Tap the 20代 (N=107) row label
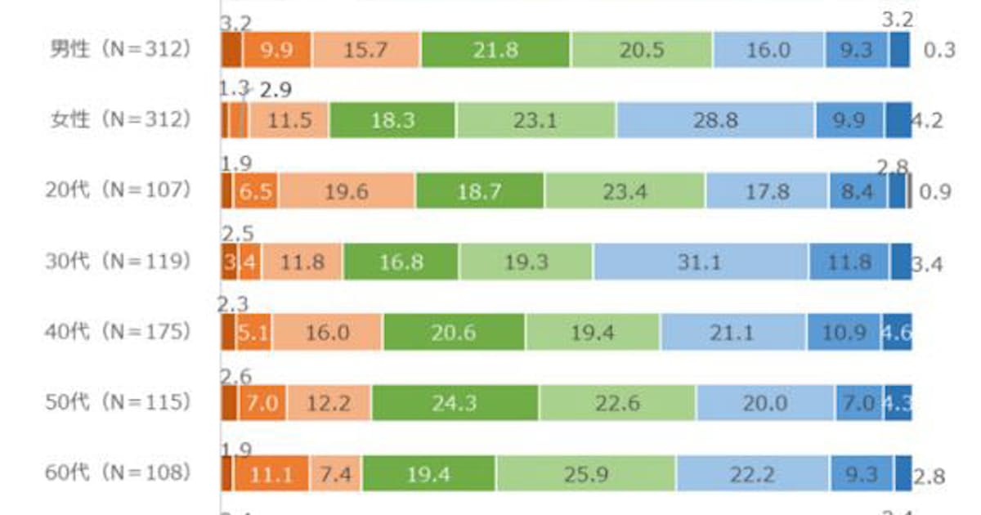[x=119, y=191]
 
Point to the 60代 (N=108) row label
[x=119, y=473]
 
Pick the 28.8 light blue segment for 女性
[x=715, y=121]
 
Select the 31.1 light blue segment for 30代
[x=701, y=262]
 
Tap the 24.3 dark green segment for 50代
[x=455, y=404]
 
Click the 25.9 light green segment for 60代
[x=585, y=474]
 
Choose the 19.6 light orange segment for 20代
[x=347, y=192]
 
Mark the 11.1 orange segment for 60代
[x=271, y=474]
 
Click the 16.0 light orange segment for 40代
[x=327, y=334]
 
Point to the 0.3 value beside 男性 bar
[x=939, y=51]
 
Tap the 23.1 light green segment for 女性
[x=535, y=121]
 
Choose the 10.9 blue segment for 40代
[x=844, y=334]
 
